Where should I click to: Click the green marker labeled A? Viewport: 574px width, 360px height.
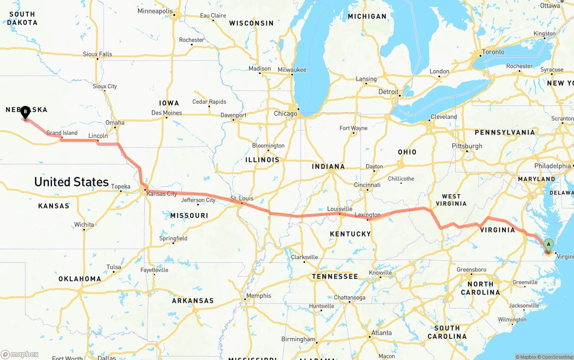click(x=548, y=245)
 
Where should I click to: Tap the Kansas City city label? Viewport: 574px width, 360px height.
click(x=162, y=194)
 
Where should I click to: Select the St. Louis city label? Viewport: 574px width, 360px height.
click(x=242, y=198)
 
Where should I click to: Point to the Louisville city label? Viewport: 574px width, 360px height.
click(x=339, y=209)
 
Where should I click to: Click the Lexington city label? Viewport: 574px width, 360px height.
click(x=367, y=215)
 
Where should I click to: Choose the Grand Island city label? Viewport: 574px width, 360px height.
click(x=62, y=133)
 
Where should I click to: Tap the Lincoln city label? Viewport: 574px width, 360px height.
click(x=98, y=135)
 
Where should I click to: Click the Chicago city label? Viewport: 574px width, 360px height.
click(x=286, y=113)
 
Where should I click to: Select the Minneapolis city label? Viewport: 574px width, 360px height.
click(x=155, y=11)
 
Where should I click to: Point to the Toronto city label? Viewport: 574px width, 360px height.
click(x=493, y=52)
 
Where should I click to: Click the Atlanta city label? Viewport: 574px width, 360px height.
click(x=381, y=333)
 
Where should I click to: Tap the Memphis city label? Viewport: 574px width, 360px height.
click(x=259, y=296)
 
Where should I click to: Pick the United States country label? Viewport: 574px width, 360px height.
click(x=71, y=182)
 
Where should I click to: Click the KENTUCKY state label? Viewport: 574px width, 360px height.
click(x=350, y=234)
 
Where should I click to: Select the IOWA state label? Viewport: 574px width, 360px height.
click(x=169, y=103)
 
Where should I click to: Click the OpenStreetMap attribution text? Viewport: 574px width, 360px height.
click(x=556, y=357)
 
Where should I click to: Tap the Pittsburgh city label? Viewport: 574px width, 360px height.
click(x=467, y=146)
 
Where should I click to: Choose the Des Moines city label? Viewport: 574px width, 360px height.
click(x=166, y=113)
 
